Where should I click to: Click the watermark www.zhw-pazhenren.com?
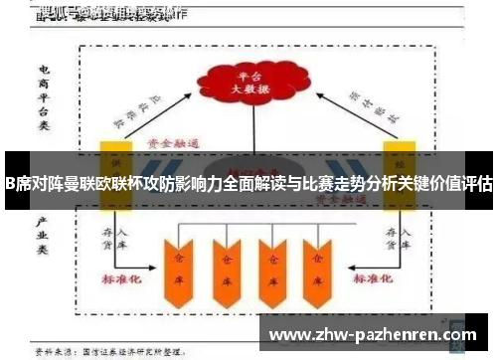click(374, 334)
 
